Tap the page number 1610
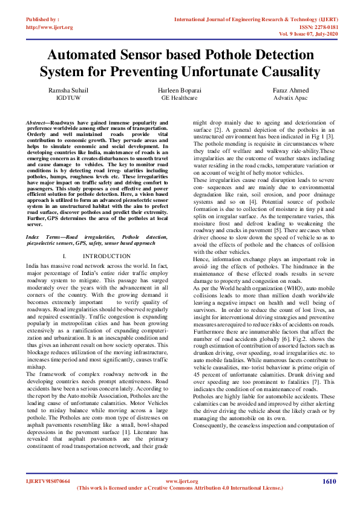coord(329,481)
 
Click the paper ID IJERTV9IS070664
coord(48,481)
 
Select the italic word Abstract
coord(38,123)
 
